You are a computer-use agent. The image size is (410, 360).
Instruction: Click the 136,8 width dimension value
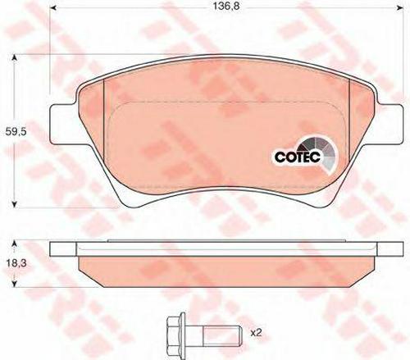coord(226,6)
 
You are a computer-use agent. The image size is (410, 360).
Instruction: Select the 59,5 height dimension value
coord(16,132)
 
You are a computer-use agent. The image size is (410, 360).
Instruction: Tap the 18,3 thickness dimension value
coord(16,264)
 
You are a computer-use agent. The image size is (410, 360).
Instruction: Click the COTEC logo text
coord(297,157)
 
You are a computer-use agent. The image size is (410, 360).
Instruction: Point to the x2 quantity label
coord(256,333)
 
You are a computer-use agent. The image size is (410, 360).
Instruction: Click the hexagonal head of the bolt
coord(175,332)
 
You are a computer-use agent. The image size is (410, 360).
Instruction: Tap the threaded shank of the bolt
coord(222,332)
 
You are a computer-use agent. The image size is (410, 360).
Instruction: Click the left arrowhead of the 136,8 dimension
coord(53,7)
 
